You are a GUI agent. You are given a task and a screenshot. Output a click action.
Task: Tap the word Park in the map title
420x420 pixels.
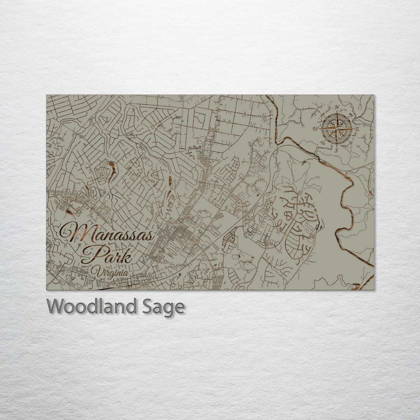[x=106, y=255]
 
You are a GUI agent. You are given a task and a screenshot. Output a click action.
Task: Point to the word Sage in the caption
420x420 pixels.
[x=163, y=308]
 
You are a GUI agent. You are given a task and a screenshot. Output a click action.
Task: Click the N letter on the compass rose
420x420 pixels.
[x=337, y=107]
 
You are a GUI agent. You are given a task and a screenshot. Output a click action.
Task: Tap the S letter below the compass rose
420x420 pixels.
[x=336, y=149]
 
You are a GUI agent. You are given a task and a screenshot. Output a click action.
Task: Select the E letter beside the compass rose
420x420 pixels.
[x=357, y=129]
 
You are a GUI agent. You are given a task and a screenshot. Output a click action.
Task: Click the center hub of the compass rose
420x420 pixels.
[x=337, y=128]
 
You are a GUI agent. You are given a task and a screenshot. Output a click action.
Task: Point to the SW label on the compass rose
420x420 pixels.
[x=322, y=143]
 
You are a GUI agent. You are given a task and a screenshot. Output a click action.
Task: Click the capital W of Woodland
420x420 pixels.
[x=56, y=306]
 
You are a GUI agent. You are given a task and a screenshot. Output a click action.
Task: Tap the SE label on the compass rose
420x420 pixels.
[x=351, y=143]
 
